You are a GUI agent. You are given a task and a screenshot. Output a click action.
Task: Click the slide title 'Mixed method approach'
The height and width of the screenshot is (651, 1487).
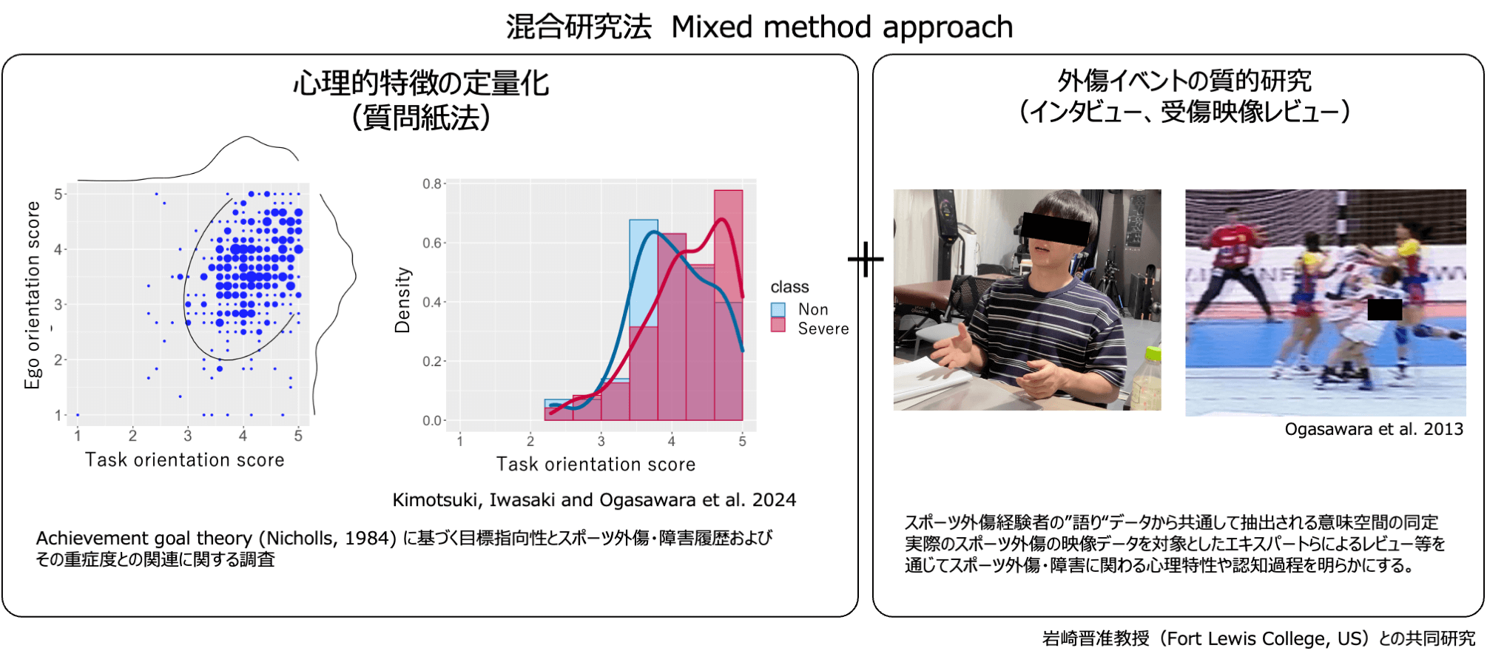coord(842,28)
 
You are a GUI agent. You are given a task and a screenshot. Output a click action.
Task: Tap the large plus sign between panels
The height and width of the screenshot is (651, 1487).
coord(866,259)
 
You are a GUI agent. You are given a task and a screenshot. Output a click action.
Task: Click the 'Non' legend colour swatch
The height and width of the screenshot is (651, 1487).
coord(778,309)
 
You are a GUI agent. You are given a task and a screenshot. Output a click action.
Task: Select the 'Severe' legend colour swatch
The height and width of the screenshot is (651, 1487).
coord(778,325)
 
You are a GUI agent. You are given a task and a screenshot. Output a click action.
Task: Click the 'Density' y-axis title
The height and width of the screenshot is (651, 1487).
coord(402,300)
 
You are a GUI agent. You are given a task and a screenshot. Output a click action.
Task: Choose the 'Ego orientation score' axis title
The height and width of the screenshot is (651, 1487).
coord(33,294)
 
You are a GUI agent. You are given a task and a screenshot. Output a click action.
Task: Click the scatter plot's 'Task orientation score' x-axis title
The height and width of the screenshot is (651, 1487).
coord(185,459)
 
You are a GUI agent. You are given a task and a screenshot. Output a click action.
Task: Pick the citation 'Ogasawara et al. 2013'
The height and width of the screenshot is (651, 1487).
coord(1374,429)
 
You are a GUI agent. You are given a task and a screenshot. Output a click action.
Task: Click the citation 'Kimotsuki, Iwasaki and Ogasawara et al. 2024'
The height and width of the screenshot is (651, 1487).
coord(594,500)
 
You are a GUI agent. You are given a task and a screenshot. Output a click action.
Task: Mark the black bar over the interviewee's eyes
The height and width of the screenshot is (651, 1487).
coord(1056,229)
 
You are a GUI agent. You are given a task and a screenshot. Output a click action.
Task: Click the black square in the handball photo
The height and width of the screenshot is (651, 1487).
coord(1385,309)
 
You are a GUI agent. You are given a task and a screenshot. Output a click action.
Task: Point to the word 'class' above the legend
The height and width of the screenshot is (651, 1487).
coord(789,287)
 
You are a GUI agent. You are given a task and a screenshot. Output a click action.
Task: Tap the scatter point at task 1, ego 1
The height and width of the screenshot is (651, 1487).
coord(78,415)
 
